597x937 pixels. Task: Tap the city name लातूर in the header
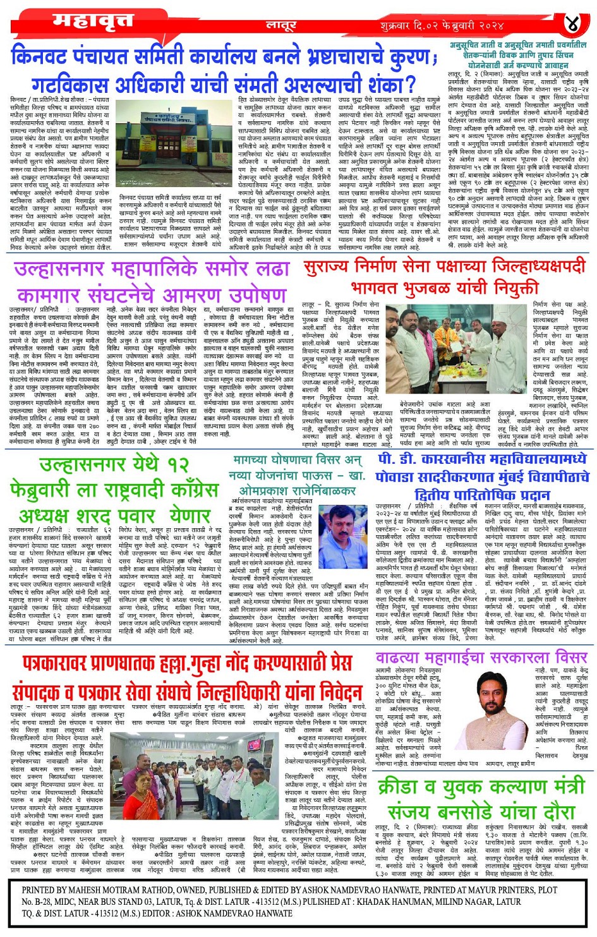[282, 26]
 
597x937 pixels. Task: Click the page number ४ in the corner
[572, 25]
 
